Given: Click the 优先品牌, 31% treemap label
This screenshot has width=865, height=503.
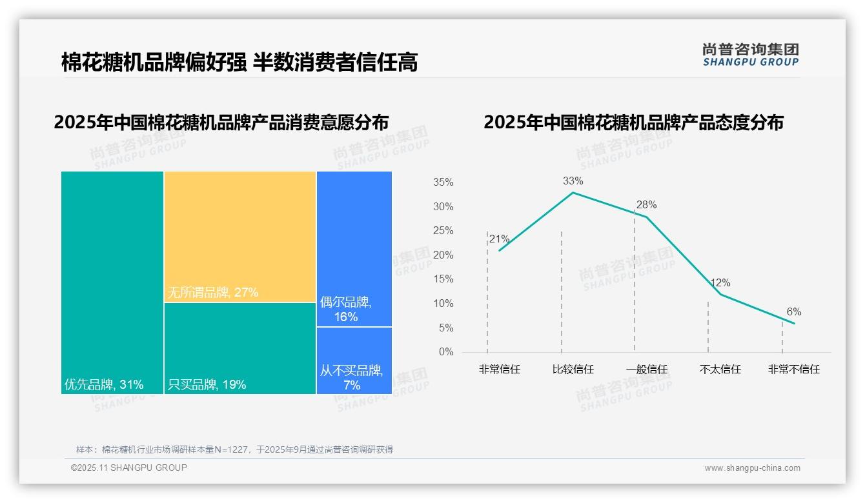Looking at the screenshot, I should (x=104, y=385).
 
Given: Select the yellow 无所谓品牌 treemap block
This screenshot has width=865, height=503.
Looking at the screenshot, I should (x=239, y=236).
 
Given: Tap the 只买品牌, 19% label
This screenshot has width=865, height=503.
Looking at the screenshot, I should (x=207, y=385).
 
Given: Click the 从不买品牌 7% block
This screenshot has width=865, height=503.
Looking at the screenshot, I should (x=354, y=360).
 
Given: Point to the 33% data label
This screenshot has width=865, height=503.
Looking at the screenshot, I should (x=573, y=181).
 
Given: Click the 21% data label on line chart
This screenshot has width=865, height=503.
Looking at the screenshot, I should (x=499, y=239).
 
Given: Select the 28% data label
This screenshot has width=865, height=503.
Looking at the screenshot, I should (x=646, y=205).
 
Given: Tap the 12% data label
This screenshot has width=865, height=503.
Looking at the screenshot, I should (x=720, y=283).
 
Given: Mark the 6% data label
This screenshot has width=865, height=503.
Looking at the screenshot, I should (x=793, y=312).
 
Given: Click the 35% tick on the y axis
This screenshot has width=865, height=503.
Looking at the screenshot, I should (x=443, y=182).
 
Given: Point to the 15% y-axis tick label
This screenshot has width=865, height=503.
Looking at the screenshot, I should (x=443, y=279).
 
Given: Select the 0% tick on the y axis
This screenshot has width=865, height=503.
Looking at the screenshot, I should (x=446, y=352).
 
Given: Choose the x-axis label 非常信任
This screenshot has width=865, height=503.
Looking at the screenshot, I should (x=499, y=370).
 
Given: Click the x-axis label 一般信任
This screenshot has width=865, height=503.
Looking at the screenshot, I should (x=646, y=370).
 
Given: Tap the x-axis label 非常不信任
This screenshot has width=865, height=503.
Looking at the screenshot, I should (x=793, y=370).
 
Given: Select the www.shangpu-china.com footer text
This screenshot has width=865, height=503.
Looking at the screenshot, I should (x=752, y=468).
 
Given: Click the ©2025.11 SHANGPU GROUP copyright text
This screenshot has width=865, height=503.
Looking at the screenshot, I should (x=128, y=468).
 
